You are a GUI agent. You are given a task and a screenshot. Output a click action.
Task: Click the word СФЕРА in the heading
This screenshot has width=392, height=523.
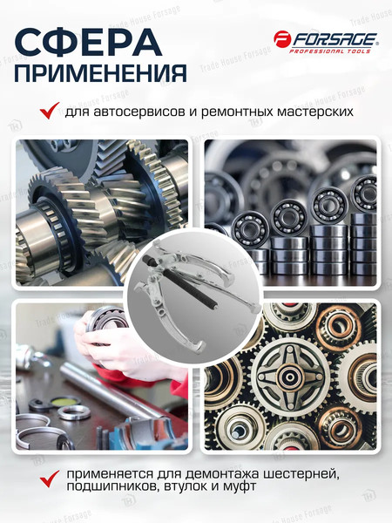(88, 40)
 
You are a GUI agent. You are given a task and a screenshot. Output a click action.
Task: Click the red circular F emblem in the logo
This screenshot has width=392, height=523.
(282, 39)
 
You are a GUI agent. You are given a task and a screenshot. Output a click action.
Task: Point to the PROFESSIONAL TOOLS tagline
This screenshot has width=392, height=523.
(335, 51)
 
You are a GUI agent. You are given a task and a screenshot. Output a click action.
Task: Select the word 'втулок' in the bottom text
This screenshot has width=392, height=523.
(198, 489)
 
